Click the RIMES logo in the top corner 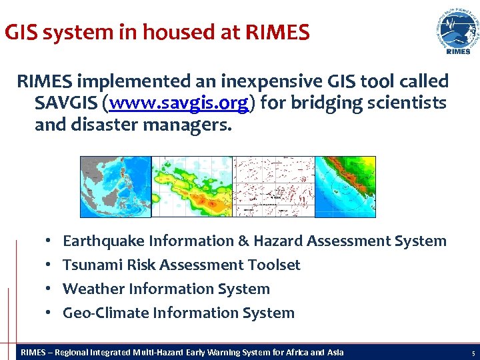(x=457, y=32)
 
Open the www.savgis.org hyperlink (x=181, y=103)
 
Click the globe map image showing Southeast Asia (x=115, y=187)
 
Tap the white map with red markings (x=273, y=187)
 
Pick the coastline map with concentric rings (x=345, y=187)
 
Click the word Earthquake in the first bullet (x=103, y=241)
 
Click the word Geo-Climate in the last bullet (x=105, y=313)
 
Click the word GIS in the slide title (x=19, y=33)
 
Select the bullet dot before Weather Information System (x=50, y=289)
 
